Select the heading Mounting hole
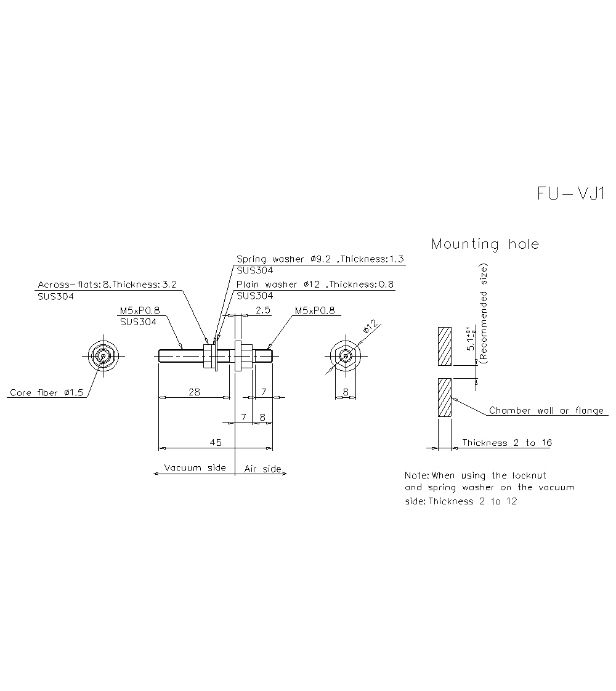pyautogui.click(x=485, y=244)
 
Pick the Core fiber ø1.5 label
pyautogui.click(x=46, y=393)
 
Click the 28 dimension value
pyautogui.click(x=193, y=392)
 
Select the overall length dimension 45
pyautogui.click(x=216, y=442)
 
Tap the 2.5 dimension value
pyautogui.click(x=262, y=310)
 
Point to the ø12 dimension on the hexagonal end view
pyautogui.click(x=370, y=327)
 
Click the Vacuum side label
pyautogui.click(x=195, y=468)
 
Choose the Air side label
pyautogui.click(x=262, y=469)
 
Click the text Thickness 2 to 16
pyautogui.click(x=507, y=443)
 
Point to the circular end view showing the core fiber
pyautogui.click(x=102, y=355)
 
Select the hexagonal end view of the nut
pyautogui.click(x=346, y=356)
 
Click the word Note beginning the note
pyautogui.click(x=416, y=475)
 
